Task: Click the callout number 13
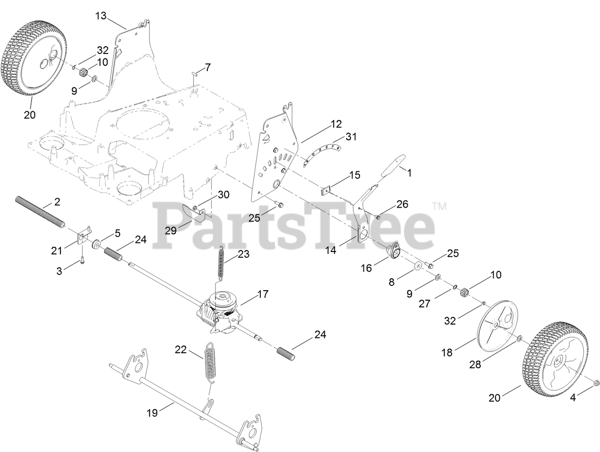[101, 16]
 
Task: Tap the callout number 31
[351, 137]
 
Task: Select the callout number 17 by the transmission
[263, 294]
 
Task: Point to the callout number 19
[152, 413]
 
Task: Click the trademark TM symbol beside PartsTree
[439, 207]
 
